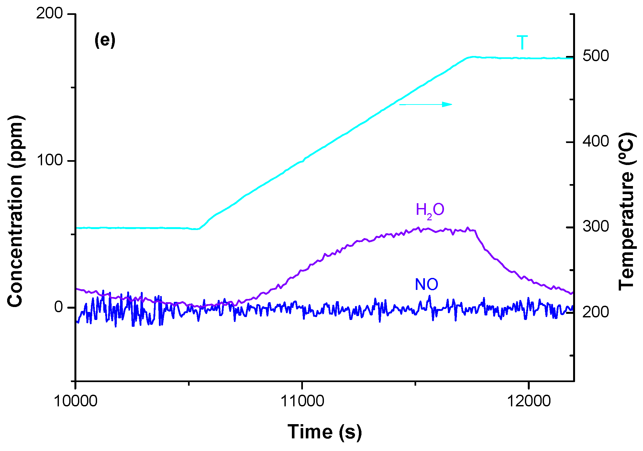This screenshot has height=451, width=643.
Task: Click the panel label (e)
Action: (x=105, y=40)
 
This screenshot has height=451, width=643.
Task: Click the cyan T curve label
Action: (x=522, y=43)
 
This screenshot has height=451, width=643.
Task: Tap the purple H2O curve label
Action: (x=430, y=210)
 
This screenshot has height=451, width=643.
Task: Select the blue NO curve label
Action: (x=427, y=285)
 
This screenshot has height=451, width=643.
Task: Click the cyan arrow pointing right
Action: (x=426, y=104)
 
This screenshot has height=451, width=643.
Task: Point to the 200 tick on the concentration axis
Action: (x=49, y=14)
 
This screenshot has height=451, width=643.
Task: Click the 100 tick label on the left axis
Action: (x=50, y=160)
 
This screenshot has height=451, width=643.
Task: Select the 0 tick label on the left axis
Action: (x=58, y=307)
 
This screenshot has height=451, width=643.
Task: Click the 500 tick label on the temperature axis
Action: (x=595, y=56)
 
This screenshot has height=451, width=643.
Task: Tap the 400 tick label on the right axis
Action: (x=595, y=141)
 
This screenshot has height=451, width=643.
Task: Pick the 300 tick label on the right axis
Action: (x=595, y=226)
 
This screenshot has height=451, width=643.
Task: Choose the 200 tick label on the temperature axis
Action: (x=595, y=312)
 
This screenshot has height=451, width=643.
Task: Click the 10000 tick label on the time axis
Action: (x=75, y=401)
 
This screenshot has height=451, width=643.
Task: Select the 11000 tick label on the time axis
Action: (x=302, y=401)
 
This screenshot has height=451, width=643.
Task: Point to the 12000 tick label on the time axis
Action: (x=528, y=401)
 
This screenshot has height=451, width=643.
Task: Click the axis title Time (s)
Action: (x=325, y=432)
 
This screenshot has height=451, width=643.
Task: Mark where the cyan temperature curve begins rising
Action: (x=199, y=229)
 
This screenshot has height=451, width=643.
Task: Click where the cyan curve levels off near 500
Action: (x=472, y=57)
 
